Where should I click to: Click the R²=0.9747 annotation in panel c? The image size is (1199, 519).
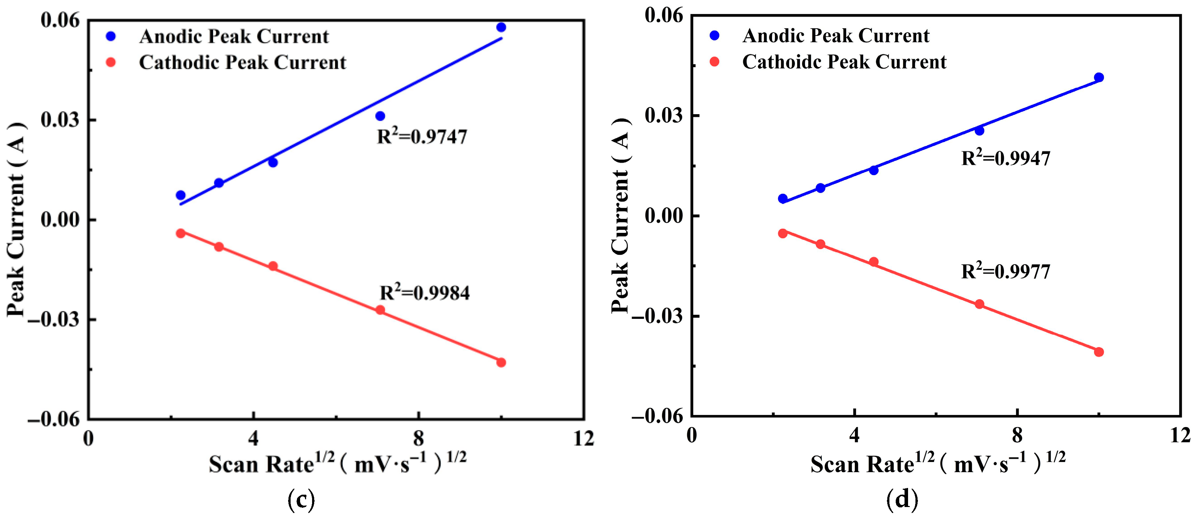pos(422,136)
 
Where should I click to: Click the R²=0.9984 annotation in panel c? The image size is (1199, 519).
pos(424,293)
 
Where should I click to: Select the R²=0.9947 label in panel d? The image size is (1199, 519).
pos(1006,158)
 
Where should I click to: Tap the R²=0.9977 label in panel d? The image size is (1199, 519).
pos(1006,271)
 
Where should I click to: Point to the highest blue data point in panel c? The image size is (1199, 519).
pos(501,27)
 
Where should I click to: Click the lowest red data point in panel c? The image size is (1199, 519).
pos(501,363)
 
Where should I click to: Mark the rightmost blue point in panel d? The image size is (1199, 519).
pos(1099,77)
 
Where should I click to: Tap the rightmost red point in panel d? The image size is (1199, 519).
pos(1099,352)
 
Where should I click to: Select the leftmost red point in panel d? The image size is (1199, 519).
pos(783,233)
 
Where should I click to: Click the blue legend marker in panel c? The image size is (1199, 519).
pos(111,36)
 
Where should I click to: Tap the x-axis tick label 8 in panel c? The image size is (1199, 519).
pos(418,438)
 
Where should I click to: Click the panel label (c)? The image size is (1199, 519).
pos(301,501)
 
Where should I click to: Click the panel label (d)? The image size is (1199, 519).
pos(902,501)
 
